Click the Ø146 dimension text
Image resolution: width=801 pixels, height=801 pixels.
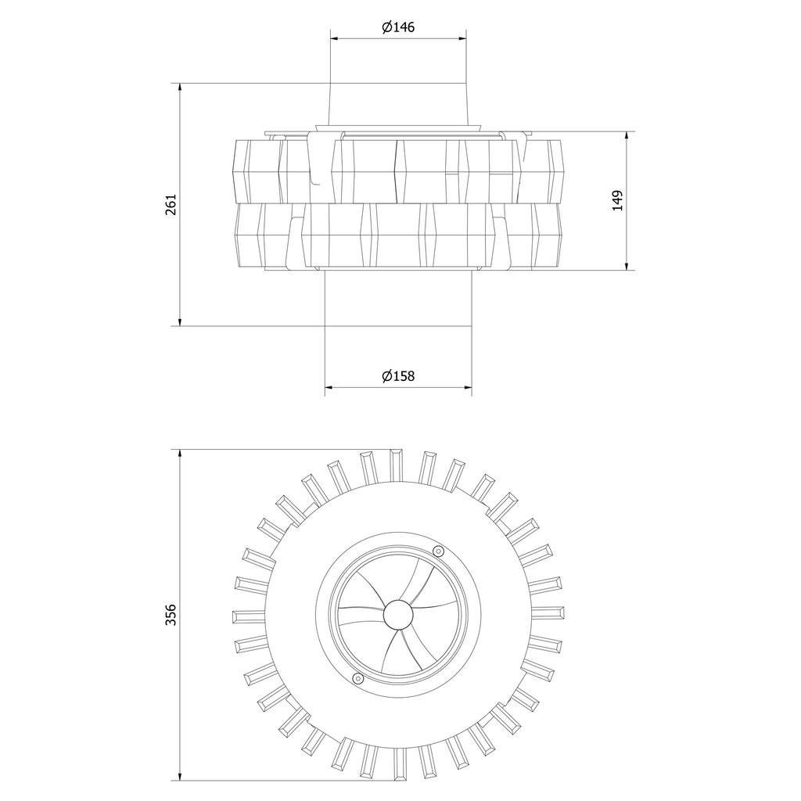tap(398, 27)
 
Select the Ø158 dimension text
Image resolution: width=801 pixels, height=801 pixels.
tap(398, 376)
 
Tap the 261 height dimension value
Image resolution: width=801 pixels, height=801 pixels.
tap(171, 203)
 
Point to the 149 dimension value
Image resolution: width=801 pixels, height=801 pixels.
tap(617, 200)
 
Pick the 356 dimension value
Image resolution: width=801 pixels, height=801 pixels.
tap(171, 615)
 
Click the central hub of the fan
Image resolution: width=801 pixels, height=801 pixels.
tap(399, 616)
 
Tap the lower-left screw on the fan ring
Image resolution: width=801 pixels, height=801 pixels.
tap(357, 678)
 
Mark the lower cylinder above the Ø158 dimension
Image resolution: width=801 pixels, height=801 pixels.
tap(398, 298)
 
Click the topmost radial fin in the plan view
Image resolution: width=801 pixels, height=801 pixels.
tap(396, 465)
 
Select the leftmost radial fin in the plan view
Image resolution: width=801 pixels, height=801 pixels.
tap(247, 616)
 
